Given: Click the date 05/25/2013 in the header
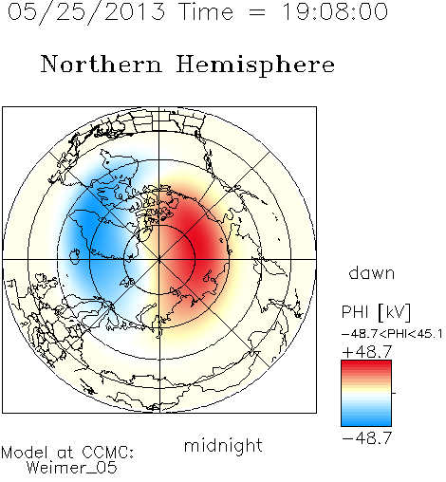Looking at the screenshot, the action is point(86,12).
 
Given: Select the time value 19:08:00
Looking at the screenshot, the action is point(335,11).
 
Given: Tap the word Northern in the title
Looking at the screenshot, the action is point(102,64).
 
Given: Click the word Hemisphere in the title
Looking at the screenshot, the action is point(255,65).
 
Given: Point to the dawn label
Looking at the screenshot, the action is point(372,272).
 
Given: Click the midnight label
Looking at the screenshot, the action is point(223,445).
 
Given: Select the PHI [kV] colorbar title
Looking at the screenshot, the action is point(376,312).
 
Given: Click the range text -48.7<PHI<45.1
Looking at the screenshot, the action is point(392,334).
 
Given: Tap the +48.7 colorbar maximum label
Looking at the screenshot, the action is point(367,352).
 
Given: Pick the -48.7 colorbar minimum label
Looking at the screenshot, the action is point(367,438).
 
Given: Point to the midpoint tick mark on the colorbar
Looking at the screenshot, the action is point(394,393).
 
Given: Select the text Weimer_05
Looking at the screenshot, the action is point(72,468).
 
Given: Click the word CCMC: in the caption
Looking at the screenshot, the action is point(108,453).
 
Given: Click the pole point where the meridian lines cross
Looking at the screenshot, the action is point(159,259).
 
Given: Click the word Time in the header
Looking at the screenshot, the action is point(206,11).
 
